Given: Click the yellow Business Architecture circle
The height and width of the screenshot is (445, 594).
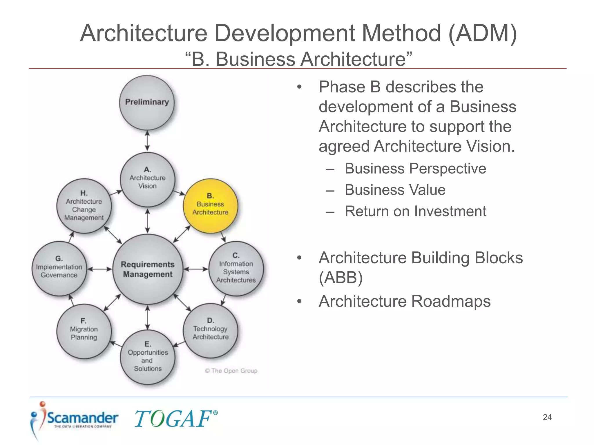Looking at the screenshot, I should pyautogui.click(x=210, y=206).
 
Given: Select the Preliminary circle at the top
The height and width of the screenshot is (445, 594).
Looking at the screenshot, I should pyautogui.click(x=147, y=102).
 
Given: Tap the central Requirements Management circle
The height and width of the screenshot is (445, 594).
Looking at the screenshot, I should pyautogui.click(x=148, y=269).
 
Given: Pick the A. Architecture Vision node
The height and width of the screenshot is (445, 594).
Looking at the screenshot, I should pyautogui.click(x=148, y=179).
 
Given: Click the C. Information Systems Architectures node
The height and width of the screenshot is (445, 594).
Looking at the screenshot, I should pyautogui.click(x=236, y=269).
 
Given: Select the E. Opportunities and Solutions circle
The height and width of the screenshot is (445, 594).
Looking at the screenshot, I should pyautogui.click(x=148, y=357).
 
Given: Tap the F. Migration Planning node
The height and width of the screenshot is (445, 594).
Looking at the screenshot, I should pyautogui.click(x=84, y=331).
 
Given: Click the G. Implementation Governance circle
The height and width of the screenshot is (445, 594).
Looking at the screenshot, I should pyautogui.click(x=59, y=269).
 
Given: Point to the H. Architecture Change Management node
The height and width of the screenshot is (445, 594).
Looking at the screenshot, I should pyautogui.click(x=84, y=206).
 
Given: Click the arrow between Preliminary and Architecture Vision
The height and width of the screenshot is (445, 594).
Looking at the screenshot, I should pyautogui.click(x=147, y=141).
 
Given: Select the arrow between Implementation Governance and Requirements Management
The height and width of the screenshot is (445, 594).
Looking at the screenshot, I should pyautogui.click(x=99, y=269).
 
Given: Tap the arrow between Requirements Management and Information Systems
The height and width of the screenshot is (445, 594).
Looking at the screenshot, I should pyautogui.click(x=196, y=269).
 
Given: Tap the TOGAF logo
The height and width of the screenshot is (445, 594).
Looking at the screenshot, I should pyautogui.click(x=175, y=419).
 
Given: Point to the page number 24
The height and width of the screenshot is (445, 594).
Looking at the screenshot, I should pyautogui.click(x=547, y=417).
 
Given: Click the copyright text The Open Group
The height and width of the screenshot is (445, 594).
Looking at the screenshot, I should pyautogui.click(x=231, y=371).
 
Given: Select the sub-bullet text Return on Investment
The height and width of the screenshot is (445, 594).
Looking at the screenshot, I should pyautogui.click(x=415, y=211).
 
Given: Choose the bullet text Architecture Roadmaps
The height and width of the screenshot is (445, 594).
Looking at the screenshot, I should pyautogui.click(x=405, y=301).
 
